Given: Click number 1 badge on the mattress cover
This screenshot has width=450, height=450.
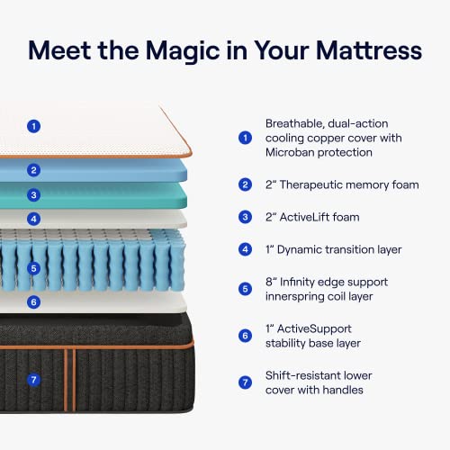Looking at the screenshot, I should click(x=33, y=126).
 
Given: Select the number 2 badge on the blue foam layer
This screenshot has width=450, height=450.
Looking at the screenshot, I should click(x=33, y=169).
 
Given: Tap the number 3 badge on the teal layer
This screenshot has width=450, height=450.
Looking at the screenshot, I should click(x=33, y=194).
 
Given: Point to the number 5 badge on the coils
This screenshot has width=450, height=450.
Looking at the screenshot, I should click(x=33, y=268).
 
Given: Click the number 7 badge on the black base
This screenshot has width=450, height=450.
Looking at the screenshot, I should click(x=33, y=380).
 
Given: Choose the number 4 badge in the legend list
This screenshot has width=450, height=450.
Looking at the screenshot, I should click(x=245, y=249).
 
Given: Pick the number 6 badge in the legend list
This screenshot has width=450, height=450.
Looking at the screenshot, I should click(x=245, y=336).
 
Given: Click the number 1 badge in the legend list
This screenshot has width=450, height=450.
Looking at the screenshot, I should click(x=245, y=138).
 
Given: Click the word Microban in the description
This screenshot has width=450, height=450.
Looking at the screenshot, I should click(x=295, y=153).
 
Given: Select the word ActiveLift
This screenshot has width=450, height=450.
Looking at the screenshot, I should click(x=312, y=217).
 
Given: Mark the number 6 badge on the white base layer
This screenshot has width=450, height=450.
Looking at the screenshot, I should click(x=33, y=302).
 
